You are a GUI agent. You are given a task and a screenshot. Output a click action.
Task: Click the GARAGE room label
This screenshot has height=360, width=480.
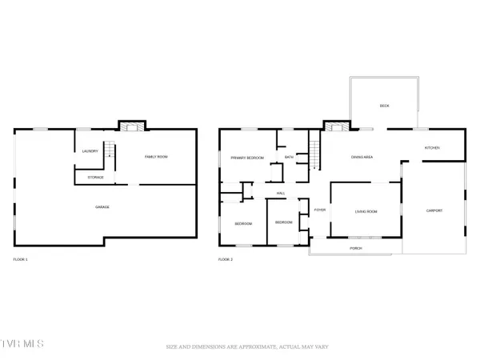(102, 207)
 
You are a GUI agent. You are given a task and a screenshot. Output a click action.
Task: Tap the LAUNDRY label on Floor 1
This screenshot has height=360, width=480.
(90, 151)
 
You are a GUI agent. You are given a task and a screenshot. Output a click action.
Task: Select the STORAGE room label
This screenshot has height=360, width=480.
(95, 177)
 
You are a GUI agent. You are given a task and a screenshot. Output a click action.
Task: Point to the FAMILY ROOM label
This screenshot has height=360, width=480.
(156, 157)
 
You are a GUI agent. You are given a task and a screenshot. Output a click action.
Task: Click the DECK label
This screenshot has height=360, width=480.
(384, 106)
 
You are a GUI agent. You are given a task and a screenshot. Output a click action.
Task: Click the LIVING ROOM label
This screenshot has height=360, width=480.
(366, 211)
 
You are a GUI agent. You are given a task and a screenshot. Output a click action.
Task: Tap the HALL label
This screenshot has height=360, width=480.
(281, 194)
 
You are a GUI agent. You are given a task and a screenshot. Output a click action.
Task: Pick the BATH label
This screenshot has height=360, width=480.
(289, 157)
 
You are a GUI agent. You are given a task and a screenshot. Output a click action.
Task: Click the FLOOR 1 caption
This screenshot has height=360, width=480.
(21, 260)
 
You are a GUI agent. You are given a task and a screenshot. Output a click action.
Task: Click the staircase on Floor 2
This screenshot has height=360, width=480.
(314, 150)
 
